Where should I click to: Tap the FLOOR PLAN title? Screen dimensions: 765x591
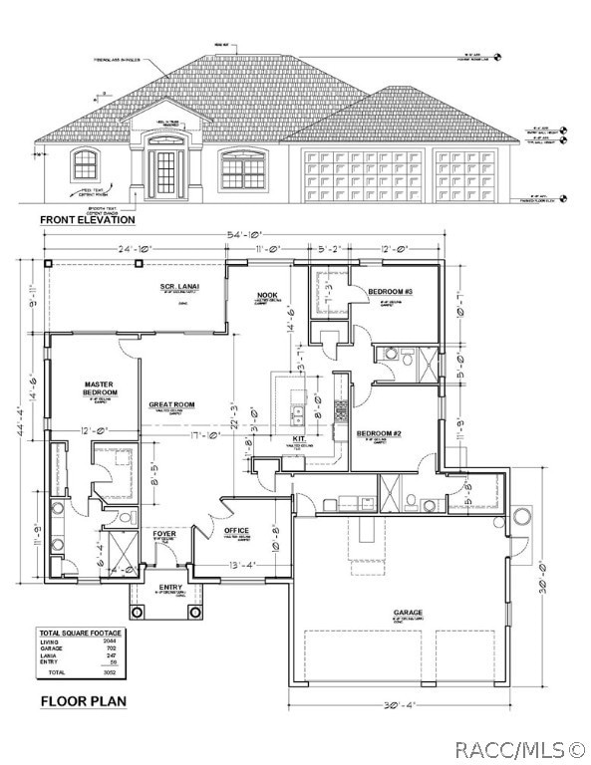pos(84,701)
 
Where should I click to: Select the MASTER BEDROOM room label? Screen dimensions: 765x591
pos(101,388)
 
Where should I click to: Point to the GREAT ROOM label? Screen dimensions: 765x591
pos(170,404)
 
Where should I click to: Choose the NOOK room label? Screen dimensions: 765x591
pos(266,295)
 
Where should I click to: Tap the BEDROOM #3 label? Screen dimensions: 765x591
pos(390,291)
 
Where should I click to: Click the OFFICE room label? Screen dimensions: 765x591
pos(236,530)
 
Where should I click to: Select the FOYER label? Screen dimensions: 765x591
pos(164,534)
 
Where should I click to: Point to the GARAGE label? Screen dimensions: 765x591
pos(408,613)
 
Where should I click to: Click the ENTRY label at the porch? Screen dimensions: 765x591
pos(170,588)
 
